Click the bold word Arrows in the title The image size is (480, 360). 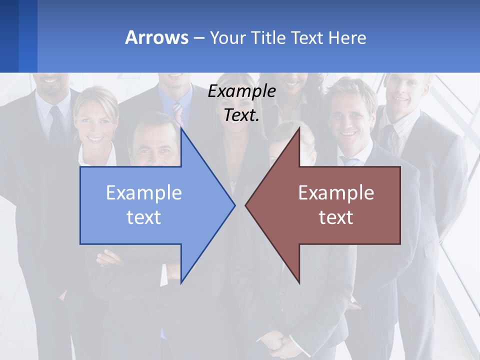pos(156,37)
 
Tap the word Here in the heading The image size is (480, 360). pos(347,37)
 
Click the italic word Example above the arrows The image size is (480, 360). pos(241,91)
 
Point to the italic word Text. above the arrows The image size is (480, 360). pos(241,115)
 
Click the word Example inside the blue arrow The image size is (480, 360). pos(144,192)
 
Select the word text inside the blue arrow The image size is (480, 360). pos(144,217)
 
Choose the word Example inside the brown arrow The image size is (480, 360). pos(336,192)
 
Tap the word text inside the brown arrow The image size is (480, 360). pos(336,217)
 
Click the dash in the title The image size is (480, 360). pos(198,38)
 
